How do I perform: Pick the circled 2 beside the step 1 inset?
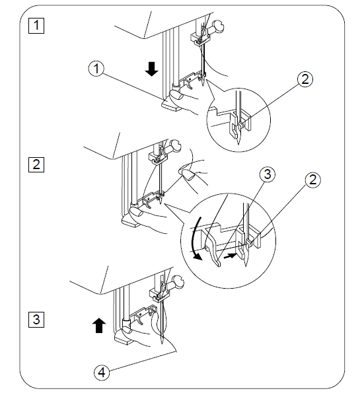tap(305, 79)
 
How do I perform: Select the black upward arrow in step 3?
tap(98, 324)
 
